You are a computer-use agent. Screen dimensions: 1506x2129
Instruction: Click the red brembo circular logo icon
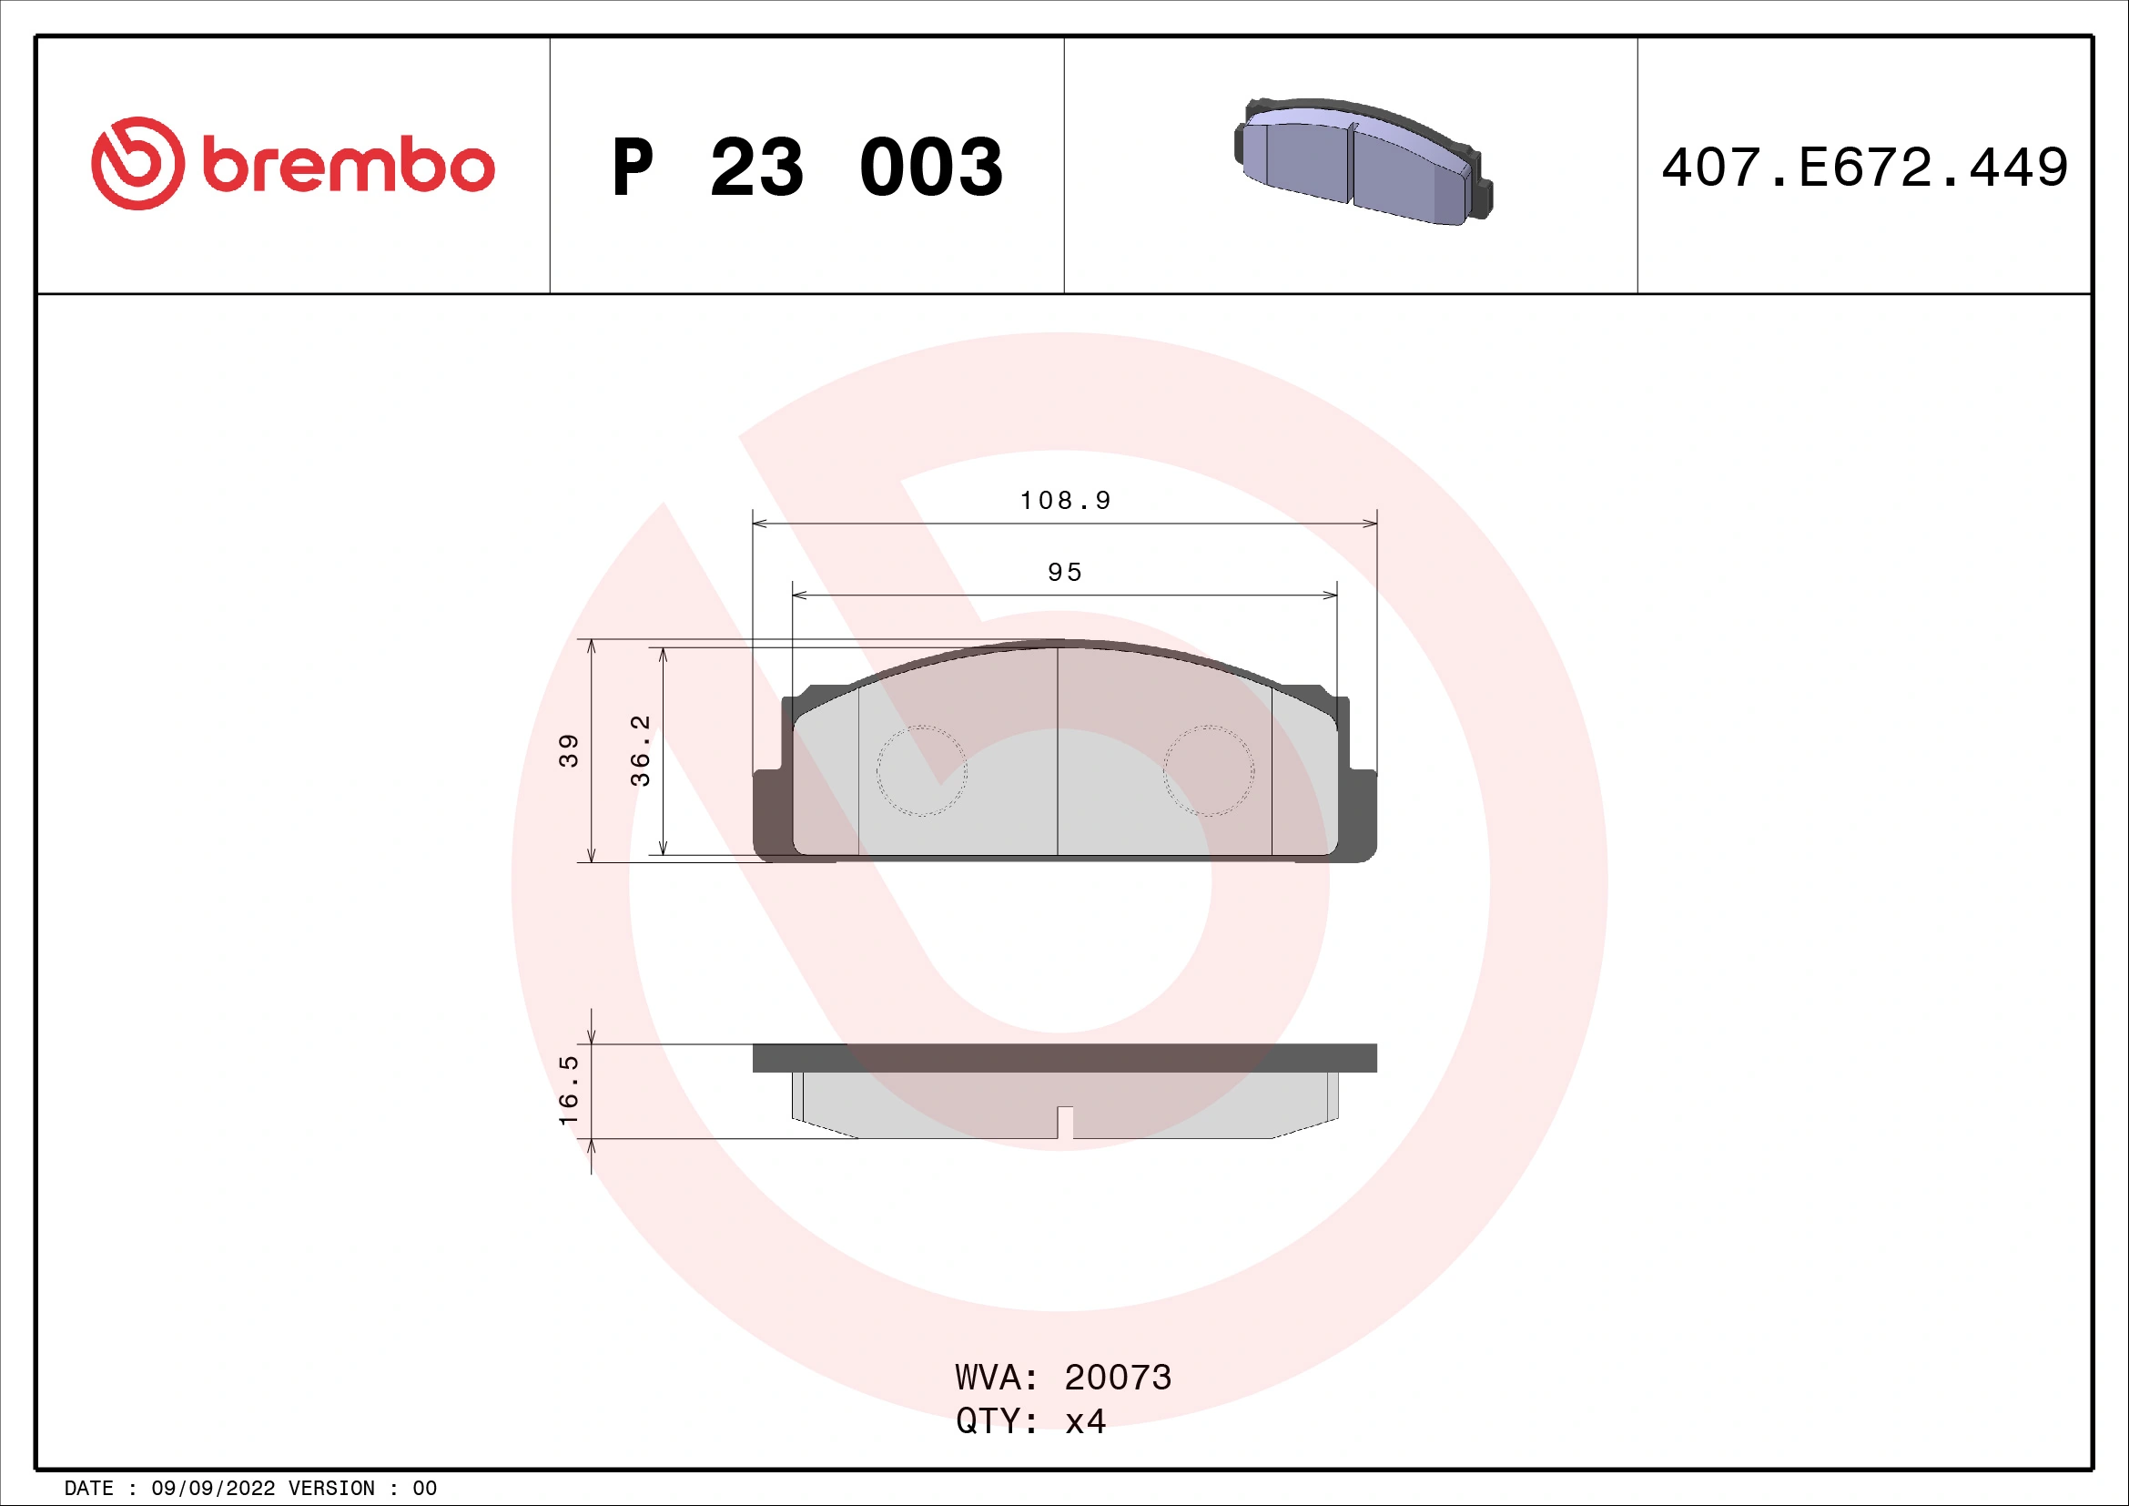[x=137, y=163]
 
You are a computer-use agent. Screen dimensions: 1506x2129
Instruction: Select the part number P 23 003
[x=806, y=168]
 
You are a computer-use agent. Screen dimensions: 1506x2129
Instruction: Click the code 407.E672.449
[x=1864, y=168]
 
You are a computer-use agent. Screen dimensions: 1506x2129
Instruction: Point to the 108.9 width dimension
[x=1065, y=501]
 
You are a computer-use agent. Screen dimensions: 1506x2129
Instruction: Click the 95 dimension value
[x=1065, y=572]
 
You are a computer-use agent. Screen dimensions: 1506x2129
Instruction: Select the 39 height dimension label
[x=568, y=750]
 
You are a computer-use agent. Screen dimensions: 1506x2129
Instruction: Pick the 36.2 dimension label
[x=640, y=750]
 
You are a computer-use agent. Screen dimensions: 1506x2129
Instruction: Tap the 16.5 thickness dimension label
[x=568, y=1090]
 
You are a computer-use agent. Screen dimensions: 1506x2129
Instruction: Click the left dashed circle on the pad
[x=921, y=770]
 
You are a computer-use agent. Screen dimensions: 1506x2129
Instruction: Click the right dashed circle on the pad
[x=1208, y=770]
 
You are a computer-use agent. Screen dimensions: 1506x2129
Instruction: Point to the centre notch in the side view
[x=1065, y=1122]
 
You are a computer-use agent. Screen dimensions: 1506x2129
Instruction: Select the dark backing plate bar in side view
[x=1065, y=1058]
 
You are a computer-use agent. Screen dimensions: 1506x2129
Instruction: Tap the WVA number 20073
[x=1118, y=1378]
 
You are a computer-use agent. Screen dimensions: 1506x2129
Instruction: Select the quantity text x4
[x=1085, y=1421]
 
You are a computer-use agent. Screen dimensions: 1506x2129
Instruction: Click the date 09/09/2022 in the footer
[x=212, y=1489]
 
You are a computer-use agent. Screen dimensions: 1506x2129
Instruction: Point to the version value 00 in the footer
[x=425, y=1489]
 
